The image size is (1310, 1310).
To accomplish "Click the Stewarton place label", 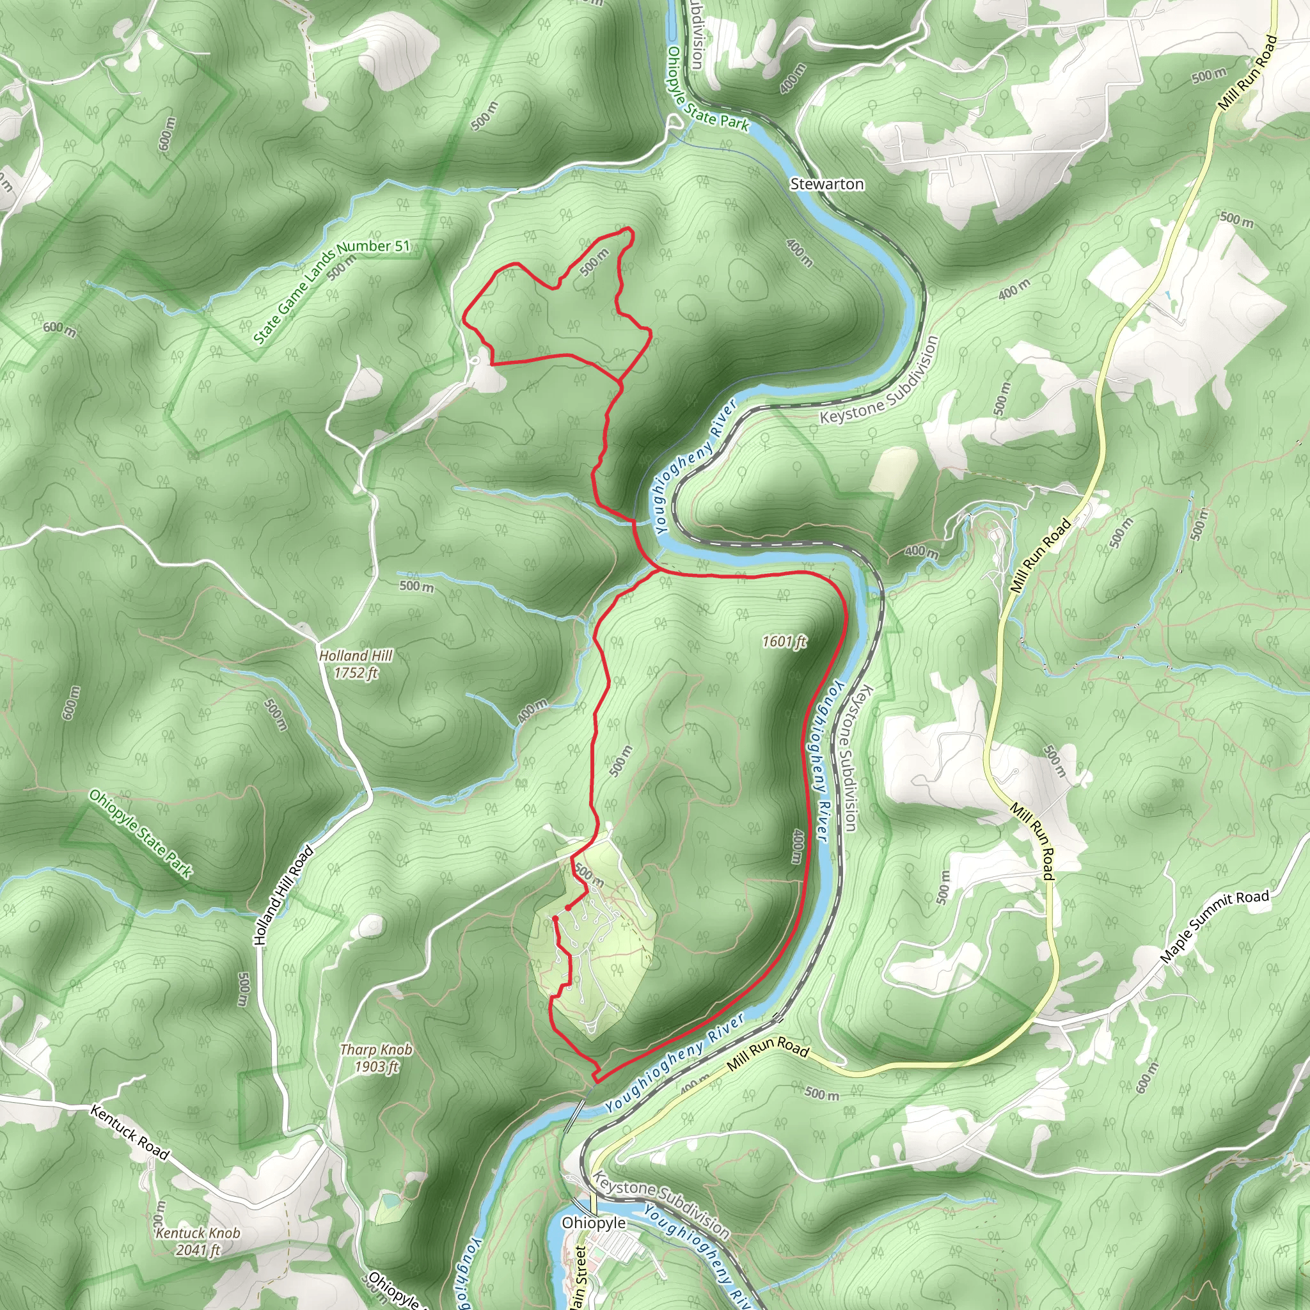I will click(x=826, y=184).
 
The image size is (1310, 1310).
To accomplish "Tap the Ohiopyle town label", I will click(x=594, y=1222).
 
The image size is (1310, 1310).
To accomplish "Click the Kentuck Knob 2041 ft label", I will click(x=198, y=1241).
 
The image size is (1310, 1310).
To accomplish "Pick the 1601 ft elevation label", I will click(x=784, y=641).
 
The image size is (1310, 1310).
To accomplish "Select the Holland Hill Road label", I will click(x=283, y=895).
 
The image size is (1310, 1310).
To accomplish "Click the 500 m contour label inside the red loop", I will click(x=595, y=262).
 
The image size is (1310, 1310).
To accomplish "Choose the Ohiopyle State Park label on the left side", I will click(x=140, y=834).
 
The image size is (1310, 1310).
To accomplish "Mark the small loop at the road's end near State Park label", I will click(x=675, y=122).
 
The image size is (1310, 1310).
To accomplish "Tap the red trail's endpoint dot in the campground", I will click(x=567, y=907).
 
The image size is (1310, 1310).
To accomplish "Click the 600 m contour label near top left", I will click(x=167, y=134).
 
